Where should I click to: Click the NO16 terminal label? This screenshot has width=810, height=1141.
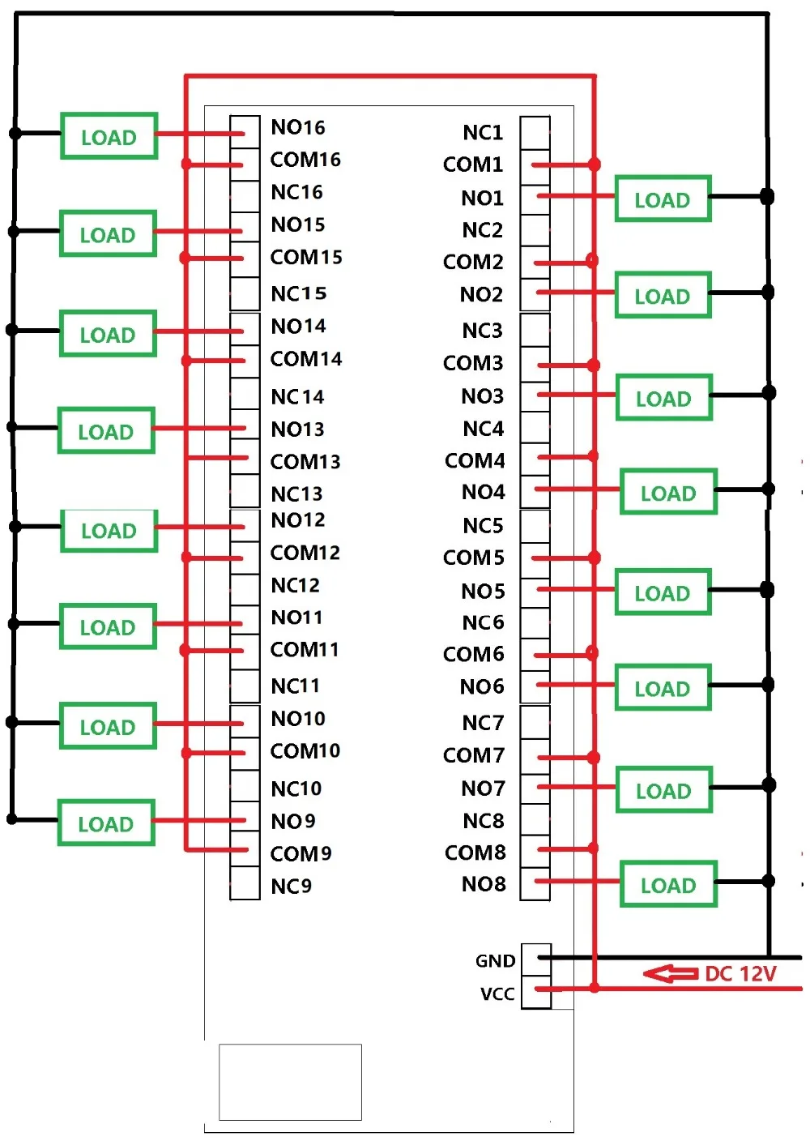pos(298,127)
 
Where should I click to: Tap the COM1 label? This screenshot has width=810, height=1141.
pos(473,165)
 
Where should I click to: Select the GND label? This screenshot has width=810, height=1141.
pos(496,960)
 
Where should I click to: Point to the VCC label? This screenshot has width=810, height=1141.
pos(497,994)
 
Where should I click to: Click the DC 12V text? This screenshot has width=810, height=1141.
pos(740,974)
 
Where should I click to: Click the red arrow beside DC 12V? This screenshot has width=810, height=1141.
pos(671,974)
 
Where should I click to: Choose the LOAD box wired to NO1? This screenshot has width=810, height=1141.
pos(663,199)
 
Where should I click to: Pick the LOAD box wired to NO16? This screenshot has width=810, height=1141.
pos(109,136)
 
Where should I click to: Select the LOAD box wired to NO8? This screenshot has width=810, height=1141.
pos(668,884)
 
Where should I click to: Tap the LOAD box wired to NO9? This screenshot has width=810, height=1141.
pos(106,823)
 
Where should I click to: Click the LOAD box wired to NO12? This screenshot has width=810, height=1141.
pos(109,531)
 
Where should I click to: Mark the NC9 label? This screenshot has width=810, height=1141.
pos(292,887)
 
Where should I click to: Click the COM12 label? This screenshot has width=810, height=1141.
pos(305,553)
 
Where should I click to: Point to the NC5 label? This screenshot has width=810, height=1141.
pos(483,526)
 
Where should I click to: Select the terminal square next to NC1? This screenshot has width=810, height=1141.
pos(535,133)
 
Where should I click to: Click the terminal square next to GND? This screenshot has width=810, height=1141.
pos(536,960)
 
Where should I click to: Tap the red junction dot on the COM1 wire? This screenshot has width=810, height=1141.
pos(595,165)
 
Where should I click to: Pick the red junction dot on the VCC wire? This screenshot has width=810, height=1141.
pos(595,989)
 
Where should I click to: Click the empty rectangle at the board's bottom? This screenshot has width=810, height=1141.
pos(290,1082)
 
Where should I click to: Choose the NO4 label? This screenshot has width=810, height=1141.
pos(483,492)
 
